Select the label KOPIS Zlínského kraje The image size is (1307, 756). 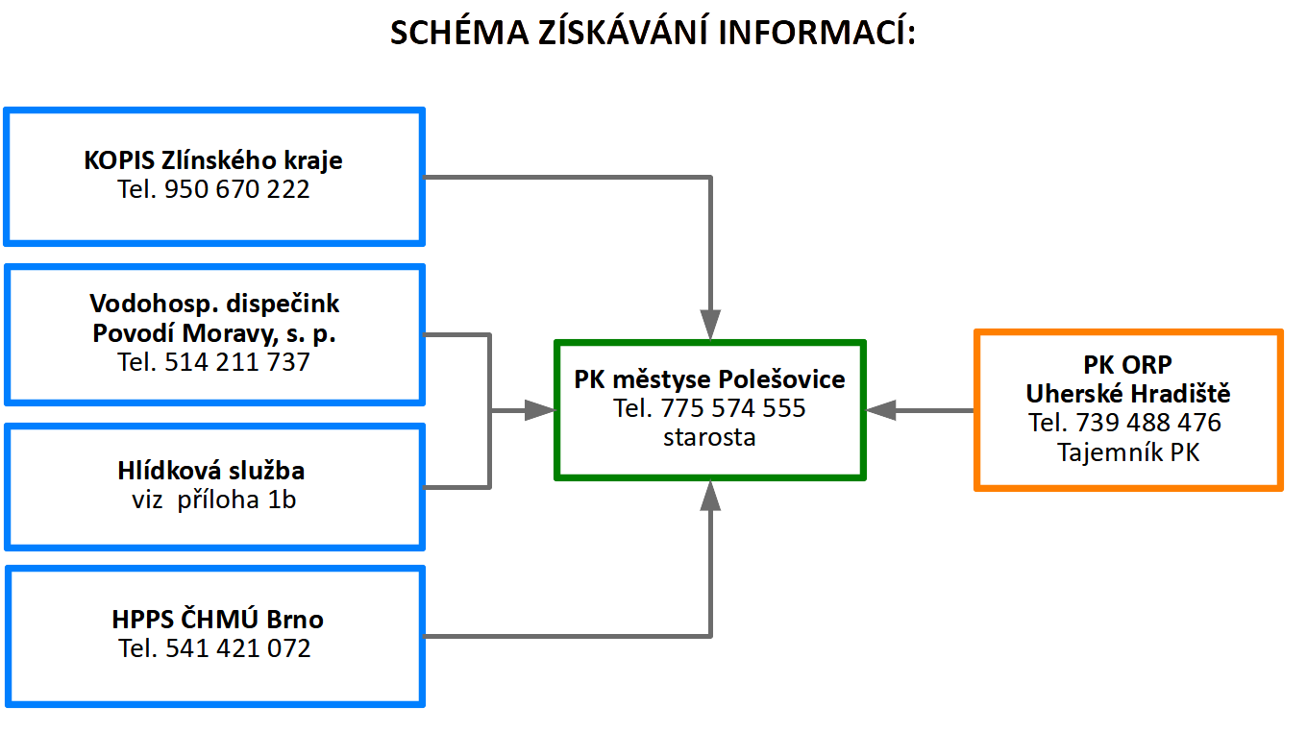click(213, 160)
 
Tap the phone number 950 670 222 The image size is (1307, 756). click(236, 189)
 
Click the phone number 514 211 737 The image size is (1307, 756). click(236, 361)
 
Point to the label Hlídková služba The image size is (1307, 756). click(211, 470)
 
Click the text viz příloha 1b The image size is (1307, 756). click(213, 500)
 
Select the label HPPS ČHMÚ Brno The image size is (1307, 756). click(217, 619)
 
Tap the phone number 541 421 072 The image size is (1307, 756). click(238, 648)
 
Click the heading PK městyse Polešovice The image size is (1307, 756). click(709, 379)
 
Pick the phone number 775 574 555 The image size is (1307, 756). click(733, 407)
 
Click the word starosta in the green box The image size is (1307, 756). click(709, 437)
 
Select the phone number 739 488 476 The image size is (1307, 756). click(1148, 423)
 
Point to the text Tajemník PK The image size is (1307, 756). click(1128, 452)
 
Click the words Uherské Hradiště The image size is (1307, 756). click(1128, 394)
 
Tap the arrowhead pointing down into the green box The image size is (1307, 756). click(710, 325)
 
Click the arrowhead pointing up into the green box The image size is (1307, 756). click(710, 496)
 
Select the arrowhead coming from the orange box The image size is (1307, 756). click(881, 410)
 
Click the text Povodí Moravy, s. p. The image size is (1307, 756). click(214, 333)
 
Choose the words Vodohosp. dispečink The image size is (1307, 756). click(214, 304)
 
